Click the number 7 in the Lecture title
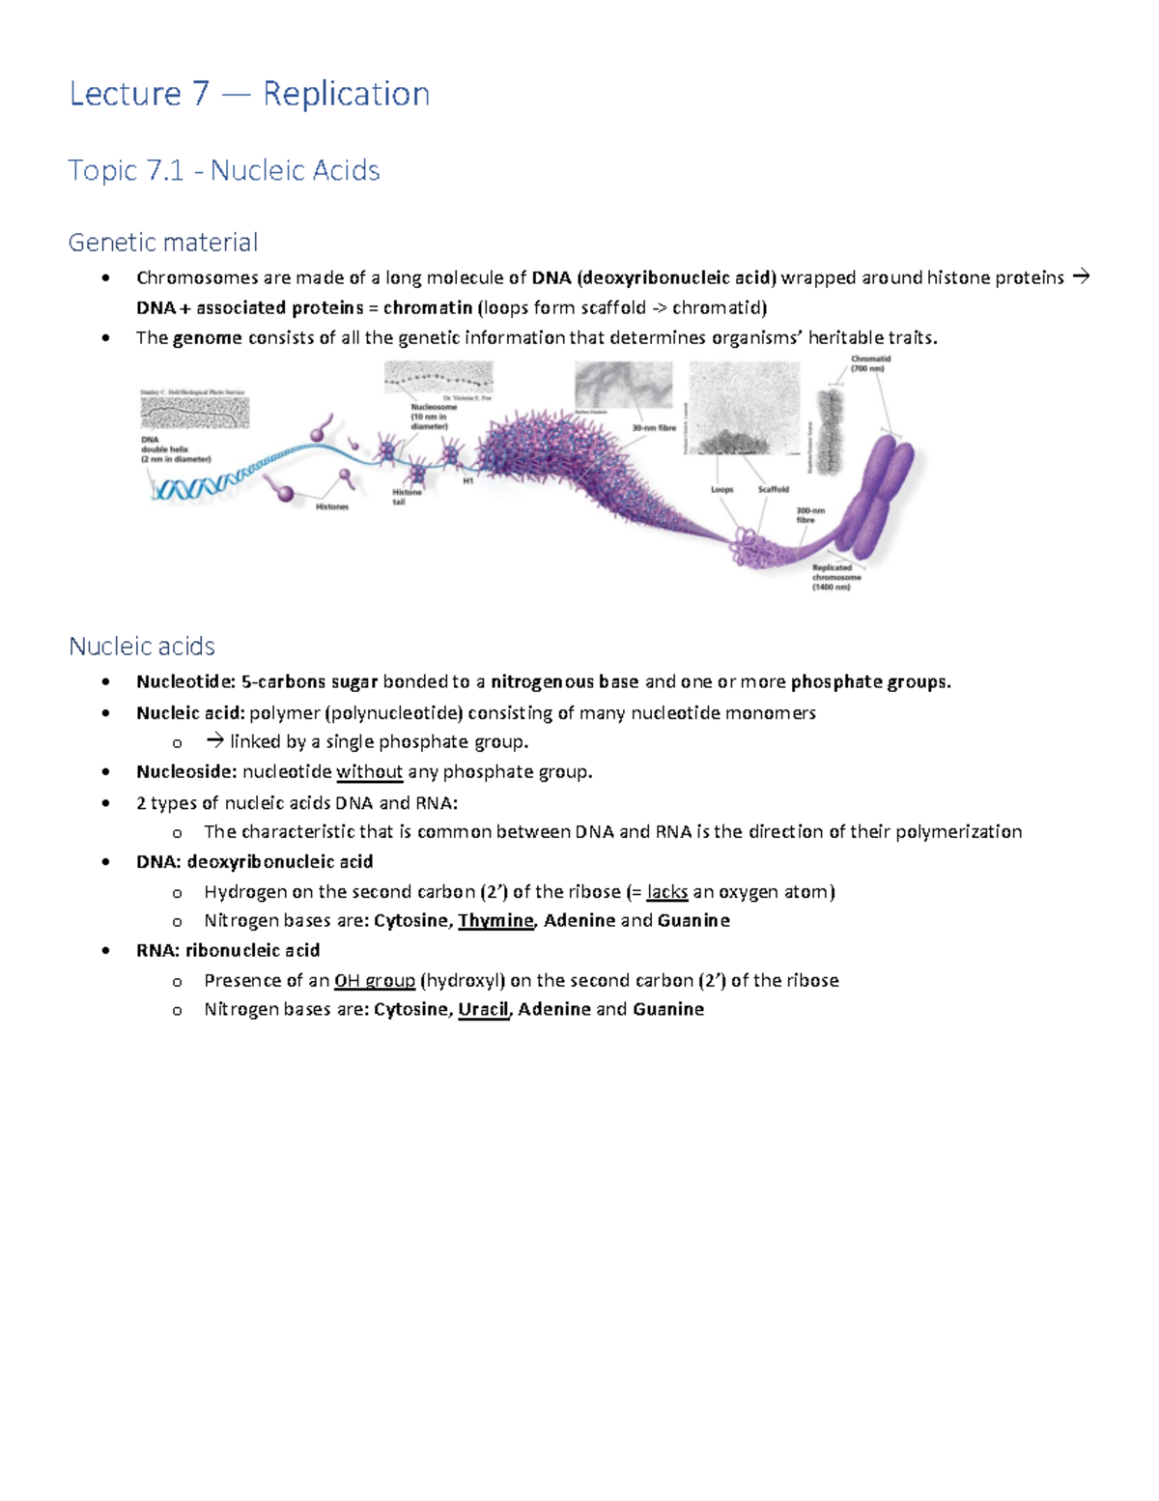click(x=200, y=94)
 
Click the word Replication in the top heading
click(x=346, y=94)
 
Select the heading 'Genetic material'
click(x=162, y=242)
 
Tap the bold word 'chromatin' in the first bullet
click(x=427, y=307)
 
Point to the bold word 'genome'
click(x=207, y=337)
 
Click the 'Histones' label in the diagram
click(x=332, y=506)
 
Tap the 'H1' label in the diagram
click(x=467, y=480)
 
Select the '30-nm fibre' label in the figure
click(x=654, y=427)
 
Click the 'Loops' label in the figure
click(x=722, y=489)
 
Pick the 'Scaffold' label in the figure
click(x=773, y=489)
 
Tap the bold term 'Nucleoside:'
click(x=186, y=771)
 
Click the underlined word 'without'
click(x=369, y=771)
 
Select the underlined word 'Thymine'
click(x=495, y=920)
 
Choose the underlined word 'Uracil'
click(x=483, y=1009)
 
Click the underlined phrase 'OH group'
click(x=374, y=980)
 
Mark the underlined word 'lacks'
click(x=667, y=891)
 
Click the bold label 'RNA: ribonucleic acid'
click(x=228, y=950)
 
